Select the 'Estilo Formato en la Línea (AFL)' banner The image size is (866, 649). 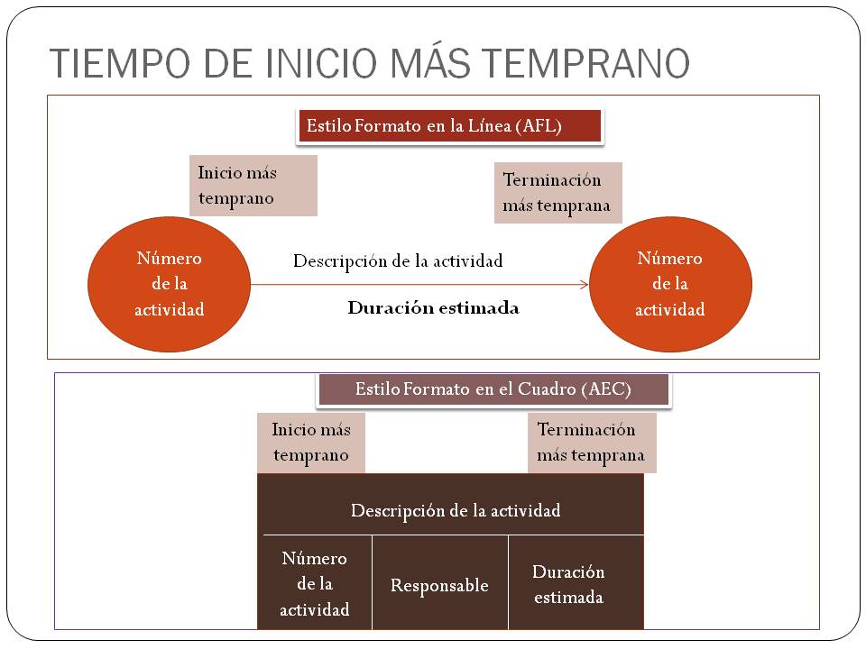(x=449, y=126)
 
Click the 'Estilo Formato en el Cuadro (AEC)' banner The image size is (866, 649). (x=493, y=389)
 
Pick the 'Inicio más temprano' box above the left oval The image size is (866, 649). (x=253, y=185)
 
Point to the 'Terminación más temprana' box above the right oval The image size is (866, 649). (x=558, y=192)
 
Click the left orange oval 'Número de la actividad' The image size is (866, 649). (x=170, y=284)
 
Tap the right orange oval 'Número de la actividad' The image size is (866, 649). (x=669, y=284)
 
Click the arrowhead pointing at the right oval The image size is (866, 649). (x=585, y=285)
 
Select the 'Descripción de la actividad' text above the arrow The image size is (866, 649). (x=398, y=261)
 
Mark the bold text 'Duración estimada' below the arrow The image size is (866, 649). (x=433, y=307)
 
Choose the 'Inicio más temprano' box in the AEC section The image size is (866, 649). (x=311, y=443)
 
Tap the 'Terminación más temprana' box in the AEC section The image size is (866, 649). (x=591, y=443)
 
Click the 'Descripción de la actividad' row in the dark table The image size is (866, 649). (x=455, y=510)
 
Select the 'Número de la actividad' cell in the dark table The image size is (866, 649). (x=314, y=583)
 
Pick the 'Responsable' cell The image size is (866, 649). (x=439, y=585)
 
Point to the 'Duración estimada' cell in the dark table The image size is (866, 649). (x=568, y=583)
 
